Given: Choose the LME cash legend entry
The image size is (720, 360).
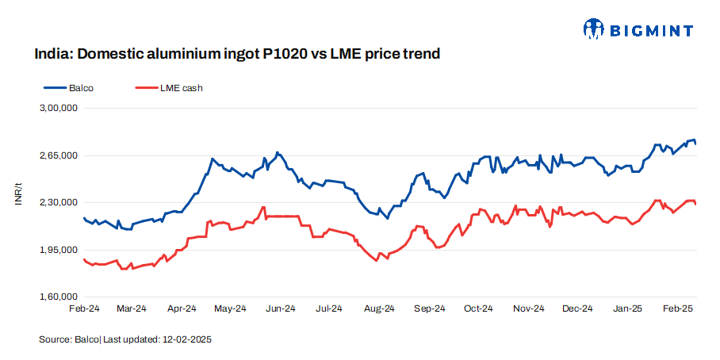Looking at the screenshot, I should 181,88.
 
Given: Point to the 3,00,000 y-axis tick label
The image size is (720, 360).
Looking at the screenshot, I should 59,109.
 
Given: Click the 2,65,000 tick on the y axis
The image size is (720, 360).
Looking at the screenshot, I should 59,155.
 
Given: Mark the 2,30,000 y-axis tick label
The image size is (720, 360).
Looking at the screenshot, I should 59,203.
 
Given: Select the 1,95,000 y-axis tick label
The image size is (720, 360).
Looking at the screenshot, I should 59,251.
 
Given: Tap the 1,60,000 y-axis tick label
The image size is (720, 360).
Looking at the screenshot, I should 59,297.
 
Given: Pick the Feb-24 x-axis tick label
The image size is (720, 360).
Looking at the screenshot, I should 83,308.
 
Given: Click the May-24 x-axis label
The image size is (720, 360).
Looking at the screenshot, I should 231,308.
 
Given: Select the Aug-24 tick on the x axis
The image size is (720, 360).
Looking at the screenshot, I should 379,308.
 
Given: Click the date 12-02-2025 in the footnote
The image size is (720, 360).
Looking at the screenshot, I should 187,339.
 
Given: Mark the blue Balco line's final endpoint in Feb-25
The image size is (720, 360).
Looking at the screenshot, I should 695,144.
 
